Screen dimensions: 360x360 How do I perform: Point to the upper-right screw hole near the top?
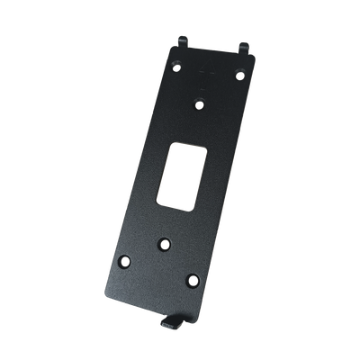coord(241,76)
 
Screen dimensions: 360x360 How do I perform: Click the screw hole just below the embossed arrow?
coord(201,103)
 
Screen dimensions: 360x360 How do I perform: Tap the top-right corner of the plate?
coord(258,56)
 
